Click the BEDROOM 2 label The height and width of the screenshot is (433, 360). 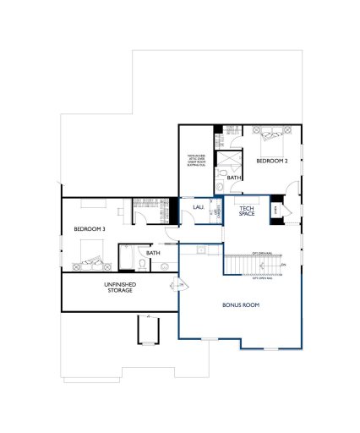click(x=272, y=160)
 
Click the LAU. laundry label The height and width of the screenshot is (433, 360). click(x=199, y=206)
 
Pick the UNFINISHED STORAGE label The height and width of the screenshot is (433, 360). click(x=119, y=288)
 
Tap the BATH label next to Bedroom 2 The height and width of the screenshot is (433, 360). click(x=233, y=177)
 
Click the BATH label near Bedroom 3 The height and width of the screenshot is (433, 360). click(x=153, y=252)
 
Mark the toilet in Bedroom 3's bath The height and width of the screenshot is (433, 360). click(x=143, y=264)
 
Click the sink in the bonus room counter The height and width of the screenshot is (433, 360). click(x=200, y=252)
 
